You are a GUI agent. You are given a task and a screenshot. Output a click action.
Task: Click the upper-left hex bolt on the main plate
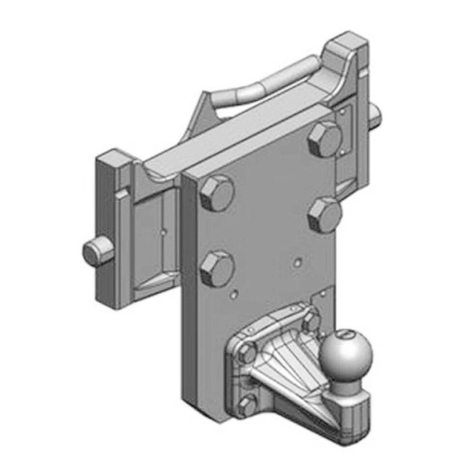[x=217, y=194]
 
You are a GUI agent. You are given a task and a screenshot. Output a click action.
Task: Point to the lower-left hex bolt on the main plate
[x=217, y=268]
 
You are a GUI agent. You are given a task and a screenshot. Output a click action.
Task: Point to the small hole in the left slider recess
[x=162, y=232]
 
